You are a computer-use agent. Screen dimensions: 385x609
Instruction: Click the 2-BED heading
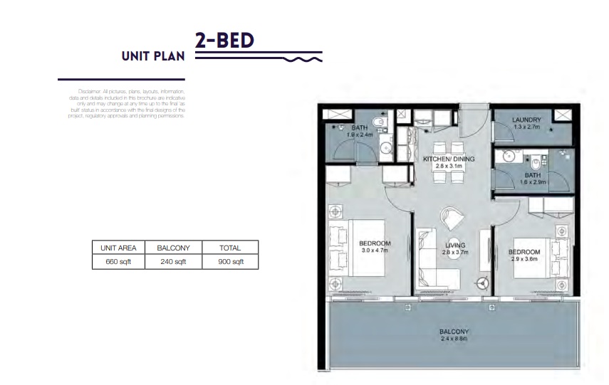click(x=224, y=41)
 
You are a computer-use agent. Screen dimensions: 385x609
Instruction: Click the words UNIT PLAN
click(x=152, y=56)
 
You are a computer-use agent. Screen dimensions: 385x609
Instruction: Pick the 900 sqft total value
click(x=229, y=261)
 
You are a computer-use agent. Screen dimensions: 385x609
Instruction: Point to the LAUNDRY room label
click(x=527, y=120)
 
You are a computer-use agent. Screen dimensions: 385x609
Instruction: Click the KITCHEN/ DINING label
click(x=449, y=159)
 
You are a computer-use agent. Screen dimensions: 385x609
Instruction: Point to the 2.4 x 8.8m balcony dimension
click(x=454, y=339)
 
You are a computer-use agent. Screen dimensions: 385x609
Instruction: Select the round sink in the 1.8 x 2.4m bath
click(x=385, y=149)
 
